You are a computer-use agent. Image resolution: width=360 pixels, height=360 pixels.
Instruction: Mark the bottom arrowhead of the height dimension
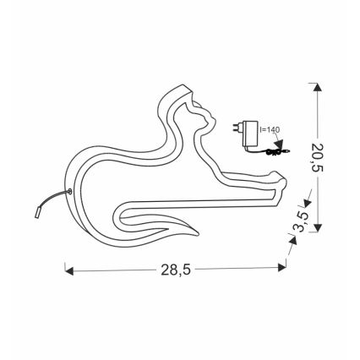click(x=318, y=230)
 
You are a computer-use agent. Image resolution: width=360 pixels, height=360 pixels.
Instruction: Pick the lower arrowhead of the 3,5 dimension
click(x=294, y=239)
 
